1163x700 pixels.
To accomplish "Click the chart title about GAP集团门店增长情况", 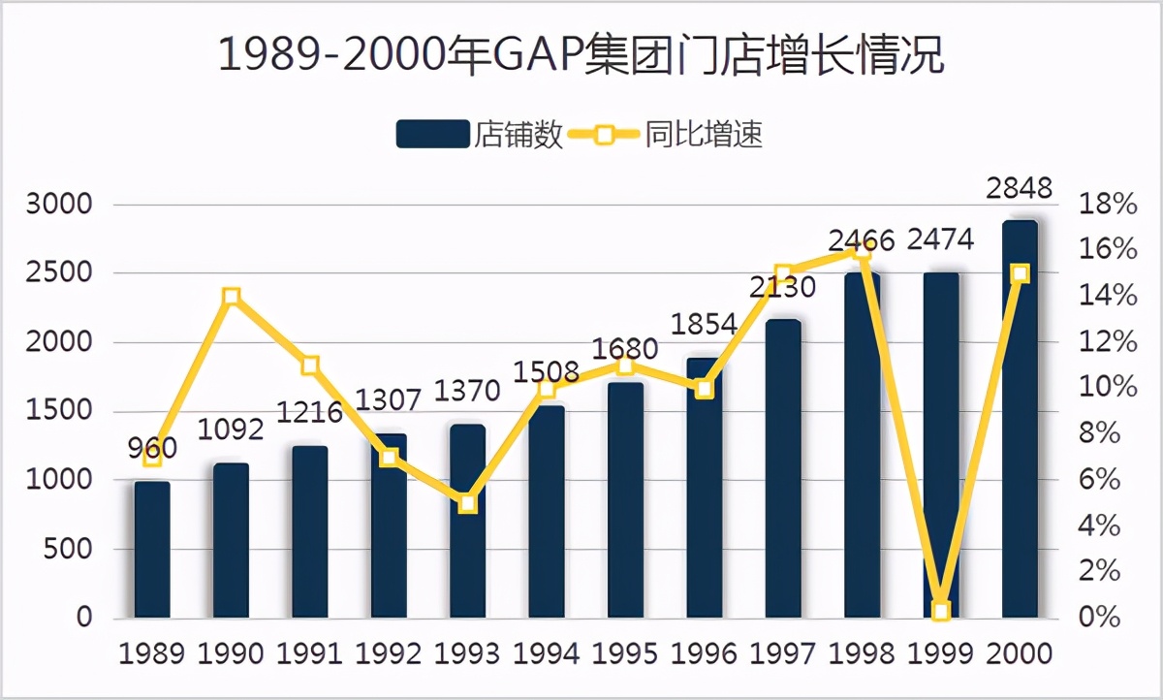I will pos(581,55).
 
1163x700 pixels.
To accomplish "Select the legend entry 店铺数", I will pos(479,134).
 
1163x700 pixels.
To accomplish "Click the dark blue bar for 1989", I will pos(152,550).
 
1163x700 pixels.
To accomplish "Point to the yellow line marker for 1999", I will pos(940,611).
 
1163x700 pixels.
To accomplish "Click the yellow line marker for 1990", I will pos(231,297).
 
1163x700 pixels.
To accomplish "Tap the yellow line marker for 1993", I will pos(468,503).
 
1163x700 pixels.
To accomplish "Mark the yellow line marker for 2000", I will pos(1020,274).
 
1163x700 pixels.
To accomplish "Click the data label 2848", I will pos(1019,188).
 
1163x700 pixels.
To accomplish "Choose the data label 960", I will pos(152,448).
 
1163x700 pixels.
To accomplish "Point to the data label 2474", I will pos(940,239).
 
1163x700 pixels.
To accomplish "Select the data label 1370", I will pos(468,392).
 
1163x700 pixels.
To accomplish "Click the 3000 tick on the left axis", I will pos(59,206).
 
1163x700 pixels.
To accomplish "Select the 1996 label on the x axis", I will pos(705,653).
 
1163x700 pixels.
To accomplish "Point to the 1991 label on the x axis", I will pos(310,653).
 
